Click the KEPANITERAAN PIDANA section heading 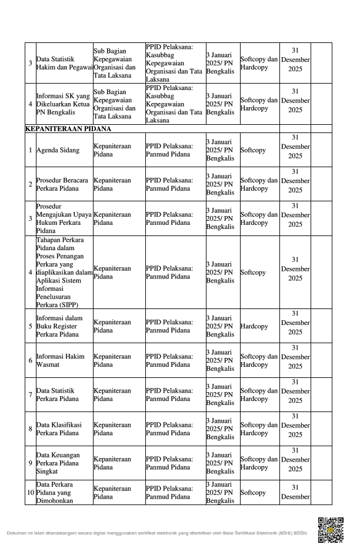pos(68,128)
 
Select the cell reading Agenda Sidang pos(58,150)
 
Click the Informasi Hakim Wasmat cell pos(61,360)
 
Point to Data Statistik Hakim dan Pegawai pos(64,63)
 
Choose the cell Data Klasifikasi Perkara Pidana pos(59,429)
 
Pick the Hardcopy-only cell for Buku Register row pos(254,326)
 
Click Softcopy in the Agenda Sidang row pos(253,150)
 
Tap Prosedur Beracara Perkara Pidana pos(62,184)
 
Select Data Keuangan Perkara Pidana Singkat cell pos(58,463)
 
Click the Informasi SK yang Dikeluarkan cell pos(63,104)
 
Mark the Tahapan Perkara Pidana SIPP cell pos(64,273)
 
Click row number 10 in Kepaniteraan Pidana pos(30,493)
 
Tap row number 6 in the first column pos(30,360)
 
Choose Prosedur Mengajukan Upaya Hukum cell pos(64,219)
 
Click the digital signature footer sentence pos(157,533)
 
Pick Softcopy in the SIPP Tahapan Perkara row pos(253,273)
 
